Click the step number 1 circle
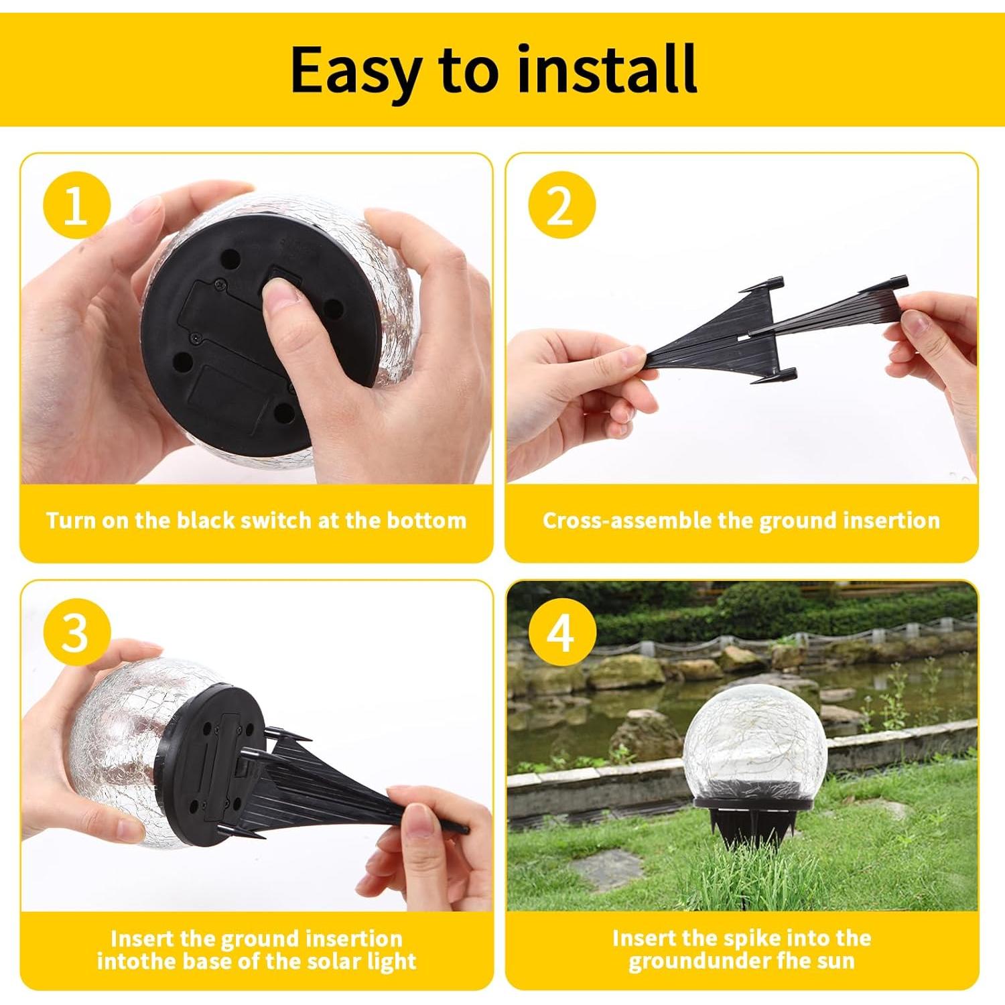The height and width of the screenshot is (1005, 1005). point(76,206)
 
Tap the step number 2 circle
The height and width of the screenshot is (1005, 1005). point(561,206)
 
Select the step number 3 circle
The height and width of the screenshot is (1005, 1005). point(76,632)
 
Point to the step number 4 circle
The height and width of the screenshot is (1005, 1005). point(561,632)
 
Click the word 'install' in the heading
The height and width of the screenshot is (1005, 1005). point(607,69)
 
